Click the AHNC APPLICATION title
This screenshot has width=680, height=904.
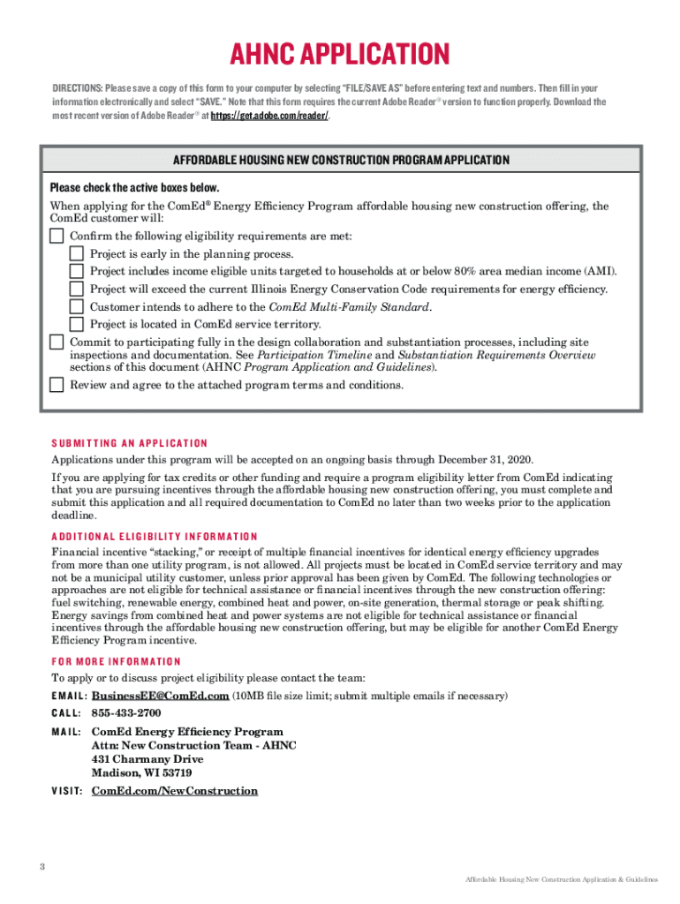[340, 54]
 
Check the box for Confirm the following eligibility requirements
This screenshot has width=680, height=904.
[57, 237]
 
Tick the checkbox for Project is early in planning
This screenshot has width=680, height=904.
[77, 254]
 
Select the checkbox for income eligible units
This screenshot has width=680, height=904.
[77, 272]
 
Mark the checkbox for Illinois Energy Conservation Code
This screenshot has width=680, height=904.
[77, 290]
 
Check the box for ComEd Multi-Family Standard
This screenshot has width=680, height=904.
[77, 307]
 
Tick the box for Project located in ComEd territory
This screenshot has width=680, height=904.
[77, 324]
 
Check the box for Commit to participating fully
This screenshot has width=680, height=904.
[57, 343]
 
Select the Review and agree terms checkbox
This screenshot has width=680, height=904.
[57, 385]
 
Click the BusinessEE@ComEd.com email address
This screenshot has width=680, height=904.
[161, 696]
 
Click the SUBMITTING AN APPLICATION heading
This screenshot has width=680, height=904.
[129, 443]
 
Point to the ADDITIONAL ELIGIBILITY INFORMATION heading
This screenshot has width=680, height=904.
[155, 537]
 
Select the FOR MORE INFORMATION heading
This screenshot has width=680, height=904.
[116, 661]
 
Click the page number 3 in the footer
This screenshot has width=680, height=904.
[42, 865]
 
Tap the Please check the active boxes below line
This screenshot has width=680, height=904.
[134, 188]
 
